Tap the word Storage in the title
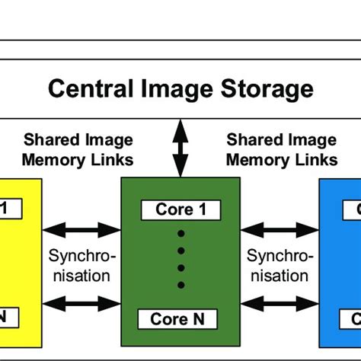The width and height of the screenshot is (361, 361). click(266, 89)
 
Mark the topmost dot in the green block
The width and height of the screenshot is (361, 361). click(180, 233)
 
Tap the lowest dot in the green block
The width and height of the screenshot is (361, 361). click(180, 285)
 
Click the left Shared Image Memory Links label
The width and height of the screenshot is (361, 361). click(78, 150)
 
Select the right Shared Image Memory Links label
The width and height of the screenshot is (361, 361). click(282, 150)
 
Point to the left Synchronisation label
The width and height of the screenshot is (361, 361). click(79, 265)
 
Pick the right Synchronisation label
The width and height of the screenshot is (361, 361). click(280, 265)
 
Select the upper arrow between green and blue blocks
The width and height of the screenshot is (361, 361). click(279, 228)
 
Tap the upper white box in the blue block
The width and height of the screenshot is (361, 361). click(352, 209)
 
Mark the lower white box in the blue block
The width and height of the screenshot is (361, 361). click(352, 318)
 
